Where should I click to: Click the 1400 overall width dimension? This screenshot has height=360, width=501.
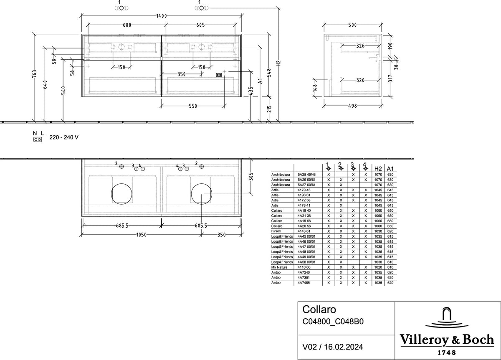[162, 16]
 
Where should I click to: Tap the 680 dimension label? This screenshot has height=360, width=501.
[127, 25]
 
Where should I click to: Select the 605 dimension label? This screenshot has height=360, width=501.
[200, 25]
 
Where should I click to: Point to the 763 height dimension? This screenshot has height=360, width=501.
[34, 74]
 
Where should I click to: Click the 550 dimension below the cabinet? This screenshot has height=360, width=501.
[193, 106]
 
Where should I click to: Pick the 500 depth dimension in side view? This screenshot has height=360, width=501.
[352, 25]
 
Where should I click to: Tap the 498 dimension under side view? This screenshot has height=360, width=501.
[352, 106]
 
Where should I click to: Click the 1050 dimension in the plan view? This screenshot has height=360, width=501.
[142, 235]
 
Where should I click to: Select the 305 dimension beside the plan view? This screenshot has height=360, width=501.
[251, 177]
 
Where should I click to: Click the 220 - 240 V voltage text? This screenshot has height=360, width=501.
[64, 137]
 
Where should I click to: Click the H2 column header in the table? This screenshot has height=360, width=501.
[378, 168]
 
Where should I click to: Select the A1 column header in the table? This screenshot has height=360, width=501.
[390, 168]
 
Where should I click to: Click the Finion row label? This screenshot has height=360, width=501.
[276, 231]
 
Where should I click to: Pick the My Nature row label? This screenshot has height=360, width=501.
[279, 267]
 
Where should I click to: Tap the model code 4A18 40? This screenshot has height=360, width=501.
[304, 210]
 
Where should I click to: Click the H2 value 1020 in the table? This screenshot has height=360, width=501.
[378, 267]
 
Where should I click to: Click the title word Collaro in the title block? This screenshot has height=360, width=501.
[319, 309]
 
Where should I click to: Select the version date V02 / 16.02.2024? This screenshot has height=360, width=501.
[333, 347]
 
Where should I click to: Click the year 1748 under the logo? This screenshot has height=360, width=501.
[447, 353]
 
